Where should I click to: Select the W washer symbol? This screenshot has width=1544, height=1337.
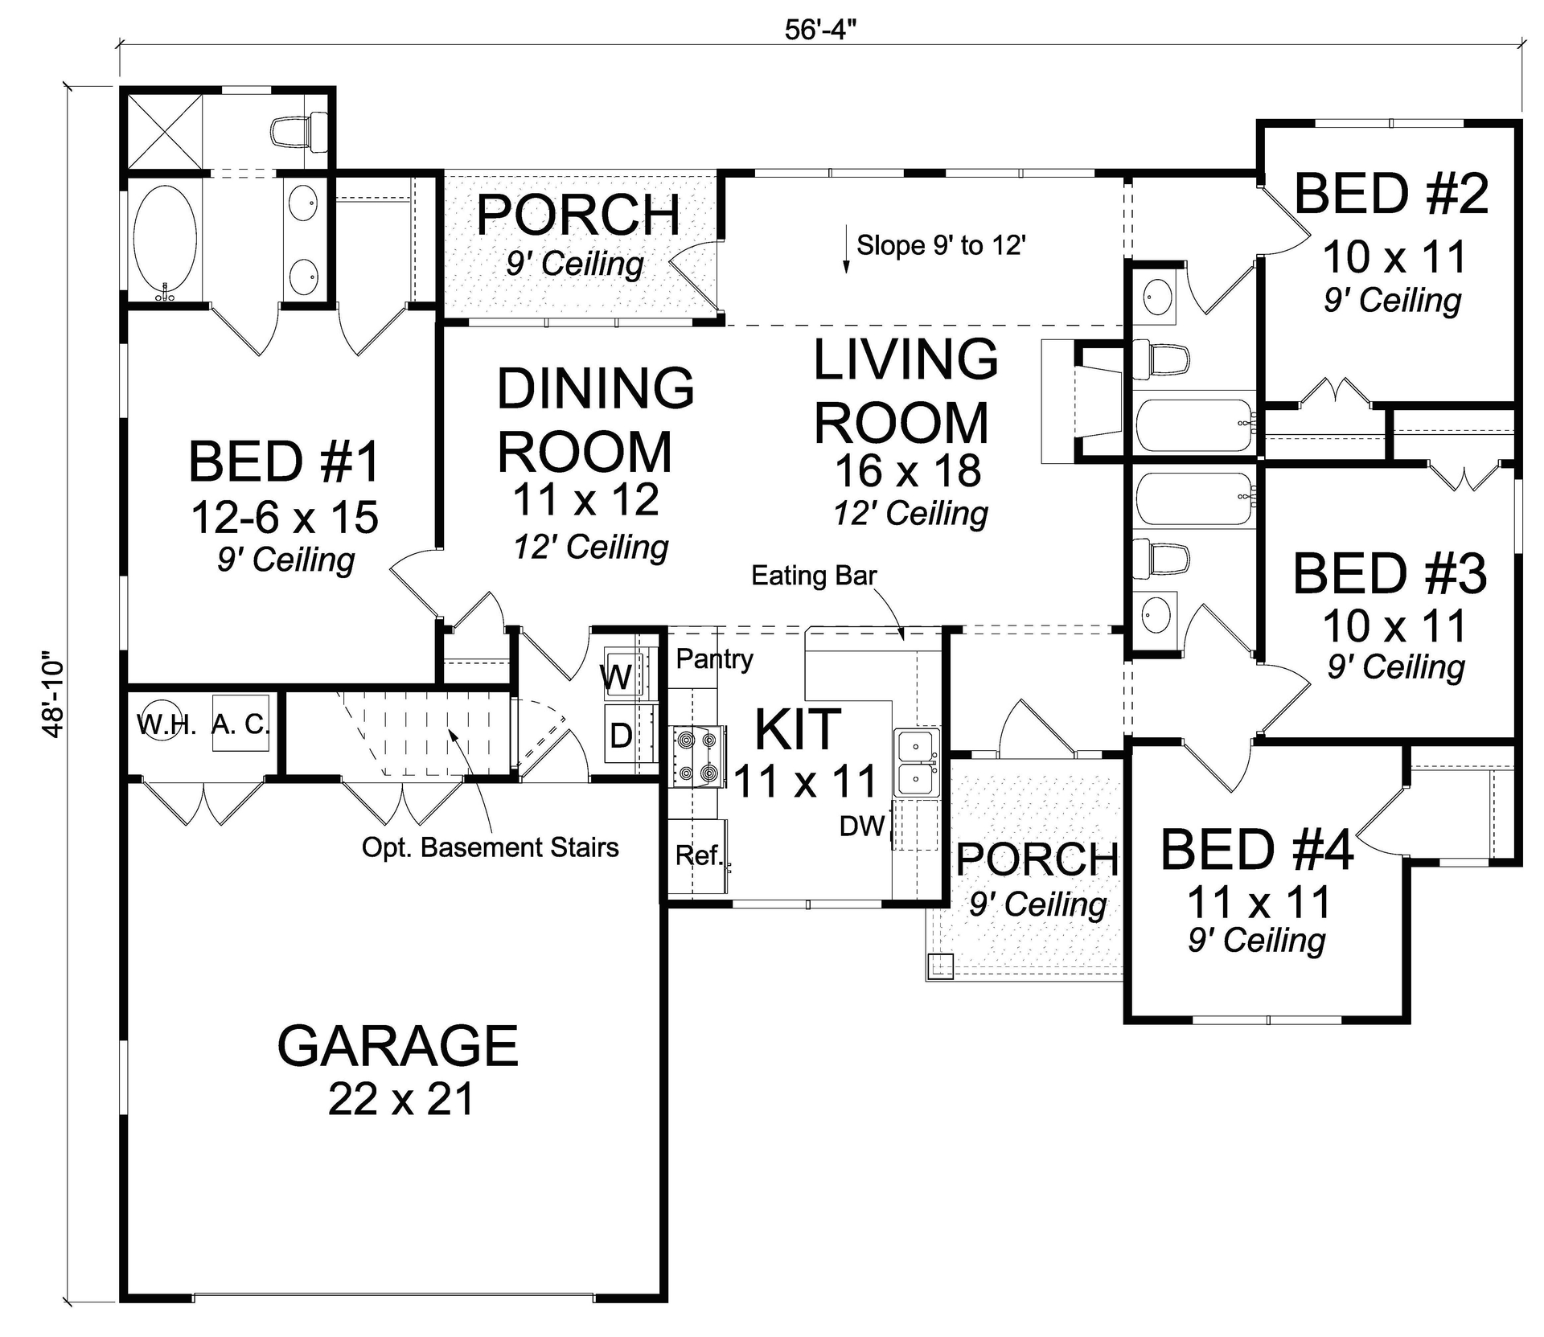[x=618, y=676]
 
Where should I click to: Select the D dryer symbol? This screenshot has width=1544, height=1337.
[x=620, y=735]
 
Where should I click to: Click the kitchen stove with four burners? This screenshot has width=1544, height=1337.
[x=697, y=755]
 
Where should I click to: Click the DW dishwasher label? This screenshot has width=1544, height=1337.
[x=861, y=826]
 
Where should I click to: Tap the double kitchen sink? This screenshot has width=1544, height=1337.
[x=917, y=763]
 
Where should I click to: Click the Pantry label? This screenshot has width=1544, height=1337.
[x=714, y=659]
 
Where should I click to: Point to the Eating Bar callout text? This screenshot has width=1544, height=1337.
[x=813, y=576]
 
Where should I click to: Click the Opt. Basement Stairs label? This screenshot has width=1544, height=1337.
[x=490, y=847]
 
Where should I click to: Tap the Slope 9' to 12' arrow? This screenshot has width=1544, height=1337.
[x=846, y=251]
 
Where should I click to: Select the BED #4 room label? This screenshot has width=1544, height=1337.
[x=1256, y=850]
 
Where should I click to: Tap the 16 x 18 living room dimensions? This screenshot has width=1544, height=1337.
[x=907, y=471]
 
